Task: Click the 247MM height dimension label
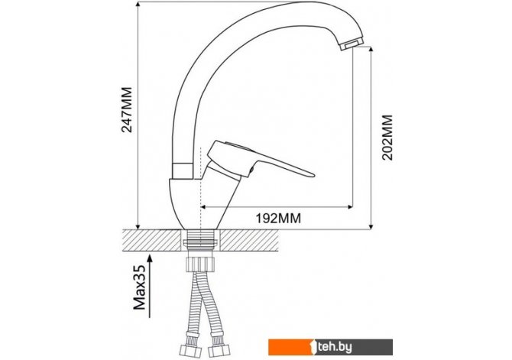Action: pyautogui.click(x=127, y=109)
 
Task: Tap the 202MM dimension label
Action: pyautogui.click(x=387, y=138)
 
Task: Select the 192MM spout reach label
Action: pyautogui.click(x=278, y=219)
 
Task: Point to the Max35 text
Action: pyautogui.click(x=140, y=287)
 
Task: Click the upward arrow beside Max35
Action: pyautogui.click(x=150, y=286)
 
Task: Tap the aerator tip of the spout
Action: pyautogui.click(x=352, y=44)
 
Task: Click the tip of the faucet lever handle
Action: pyautogui.click(x=313, y=175)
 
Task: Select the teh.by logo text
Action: pyautogui.click(x=335, y=346)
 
